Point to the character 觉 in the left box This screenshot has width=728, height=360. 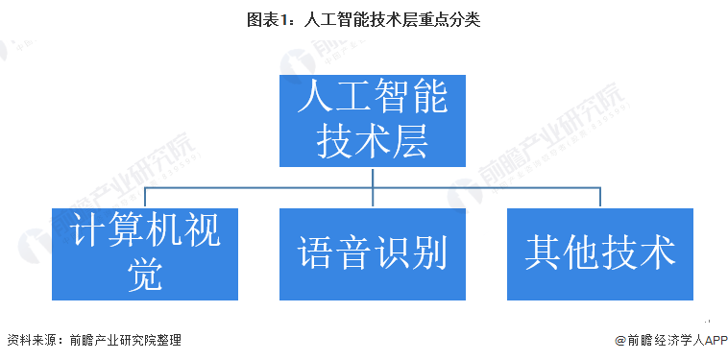[x=145, y=276]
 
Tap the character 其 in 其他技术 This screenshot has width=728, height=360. [x=544, y=253]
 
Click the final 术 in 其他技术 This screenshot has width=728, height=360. [x=657, y=253]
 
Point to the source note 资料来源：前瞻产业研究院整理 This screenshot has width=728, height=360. [x=93, y=340]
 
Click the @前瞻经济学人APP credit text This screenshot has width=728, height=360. [x=665, y=340]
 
